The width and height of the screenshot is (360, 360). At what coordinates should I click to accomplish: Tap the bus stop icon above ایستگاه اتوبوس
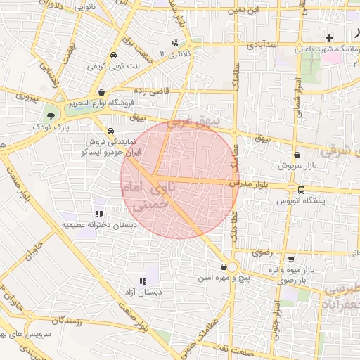pos(302,190)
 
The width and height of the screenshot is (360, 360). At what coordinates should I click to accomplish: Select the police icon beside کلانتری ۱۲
pos(175,44)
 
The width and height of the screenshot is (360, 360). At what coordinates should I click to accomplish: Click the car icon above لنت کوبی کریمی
pos(113,55)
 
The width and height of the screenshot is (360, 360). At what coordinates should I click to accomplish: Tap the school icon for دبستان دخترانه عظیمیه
pos(98,214)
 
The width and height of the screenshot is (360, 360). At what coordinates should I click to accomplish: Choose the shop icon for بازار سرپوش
pos(297,155)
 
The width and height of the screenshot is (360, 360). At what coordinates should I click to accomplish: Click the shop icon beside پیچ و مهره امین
pos(224,268)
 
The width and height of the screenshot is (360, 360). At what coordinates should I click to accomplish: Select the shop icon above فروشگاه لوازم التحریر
pos(102,91)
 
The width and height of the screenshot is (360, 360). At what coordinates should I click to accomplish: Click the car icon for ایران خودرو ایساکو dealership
pos(110,131)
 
